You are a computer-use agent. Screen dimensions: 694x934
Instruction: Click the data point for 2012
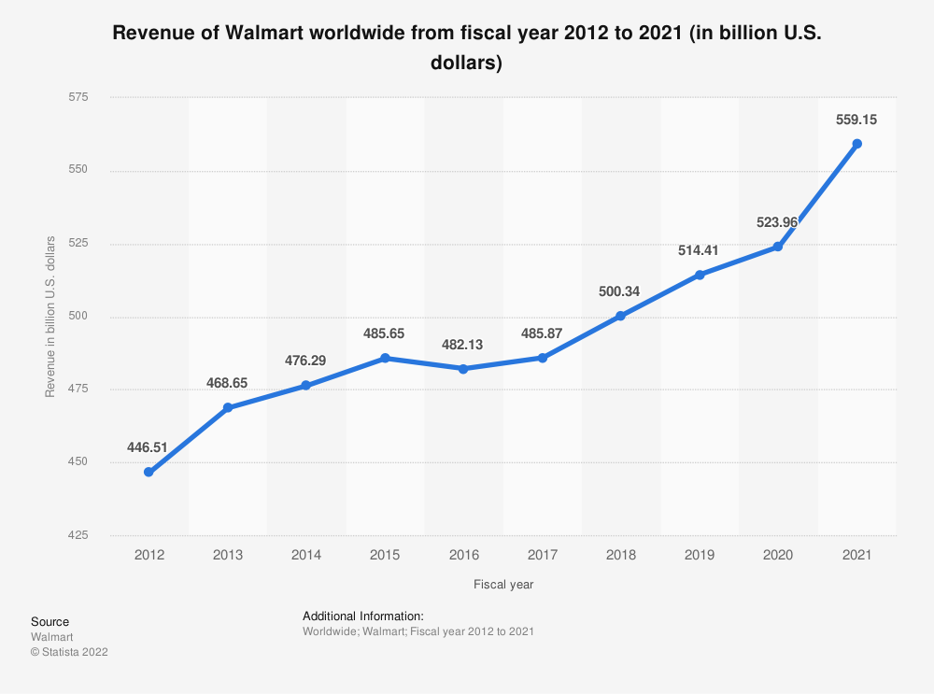point(149,473)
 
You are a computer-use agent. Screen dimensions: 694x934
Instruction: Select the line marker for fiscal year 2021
point(856,144)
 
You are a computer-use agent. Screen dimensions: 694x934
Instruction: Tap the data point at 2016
point(463,369)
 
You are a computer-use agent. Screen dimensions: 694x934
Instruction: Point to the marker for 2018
point(620,316)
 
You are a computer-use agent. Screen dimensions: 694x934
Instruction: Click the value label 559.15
point(856,120)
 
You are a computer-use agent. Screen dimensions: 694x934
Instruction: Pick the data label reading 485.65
point(385,333)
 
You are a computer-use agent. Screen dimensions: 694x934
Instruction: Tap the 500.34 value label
point(620,291)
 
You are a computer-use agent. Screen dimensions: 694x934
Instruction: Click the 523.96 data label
point(777,222)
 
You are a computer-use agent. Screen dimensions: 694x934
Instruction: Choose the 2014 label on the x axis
point(306,555)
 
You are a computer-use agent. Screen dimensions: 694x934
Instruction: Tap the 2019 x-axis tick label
point(699,555)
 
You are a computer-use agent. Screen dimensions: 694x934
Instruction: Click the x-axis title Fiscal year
point(502,585)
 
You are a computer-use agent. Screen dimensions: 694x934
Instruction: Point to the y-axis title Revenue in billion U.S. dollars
point(50,317)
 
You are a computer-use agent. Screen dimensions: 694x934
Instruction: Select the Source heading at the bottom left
point(50,621)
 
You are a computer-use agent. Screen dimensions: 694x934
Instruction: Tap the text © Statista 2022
point(69,652)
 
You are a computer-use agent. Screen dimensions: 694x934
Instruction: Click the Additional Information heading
point(363,616)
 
